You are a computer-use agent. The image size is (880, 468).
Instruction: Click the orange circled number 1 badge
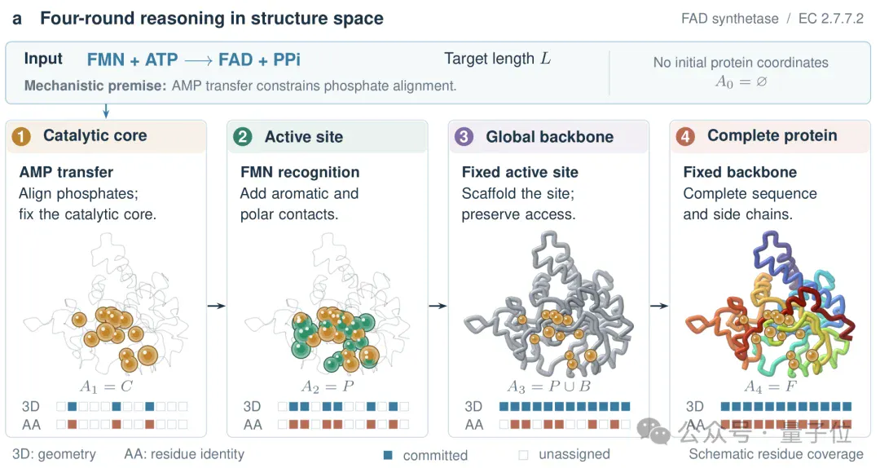click(21, 136)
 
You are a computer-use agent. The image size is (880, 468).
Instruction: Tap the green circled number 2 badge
click(243, 136)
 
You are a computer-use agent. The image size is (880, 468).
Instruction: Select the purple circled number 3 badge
click(464, 136)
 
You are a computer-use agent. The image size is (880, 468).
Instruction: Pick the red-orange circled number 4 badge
click(684, 136)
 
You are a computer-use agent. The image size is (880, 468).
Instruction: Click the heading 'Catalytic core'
click(95, 135)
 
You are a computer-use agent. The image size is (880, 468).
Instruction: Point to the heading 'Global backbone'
click(549, 136)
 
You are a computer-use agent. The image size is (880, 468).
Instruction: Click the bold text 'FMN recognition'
click(300, 172)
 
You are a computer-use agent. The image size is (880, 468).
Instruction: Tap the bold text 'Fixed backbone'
click(740, 172)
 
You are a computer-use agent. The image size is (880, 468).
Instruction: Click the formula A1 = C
click(106, 386)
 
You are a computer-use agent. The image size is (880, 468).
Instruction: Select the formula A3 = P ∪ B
click(549, 386)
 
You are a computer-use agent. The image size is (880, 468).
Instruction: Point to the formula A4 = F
click(770, 386)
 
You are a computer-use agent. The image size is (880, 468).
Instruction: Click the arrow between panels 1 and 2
click(216, 306)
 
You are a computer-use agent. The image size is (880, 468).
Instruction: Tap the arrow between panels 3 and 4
click(659, 306)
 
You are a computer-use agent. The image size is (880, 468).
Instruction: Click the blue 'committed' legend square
click(388, 454)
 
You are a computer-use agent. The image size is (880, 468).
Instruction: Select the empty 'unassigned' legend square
click(524, 454)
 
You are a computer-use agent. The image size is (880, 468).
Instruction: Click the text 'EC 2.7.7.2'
click(830, 19)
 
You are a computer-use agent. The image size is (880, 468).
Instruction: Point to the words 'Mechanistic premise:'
click(95, 86)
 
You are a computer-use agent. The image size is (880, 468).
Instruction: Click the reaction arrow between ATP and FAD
click(198, 60)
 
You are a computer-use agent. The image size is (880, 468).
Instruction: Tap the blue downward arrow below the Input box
click(105, 111)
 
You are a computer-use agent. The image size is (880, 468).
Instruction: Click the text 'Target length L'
click(497, 59)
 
